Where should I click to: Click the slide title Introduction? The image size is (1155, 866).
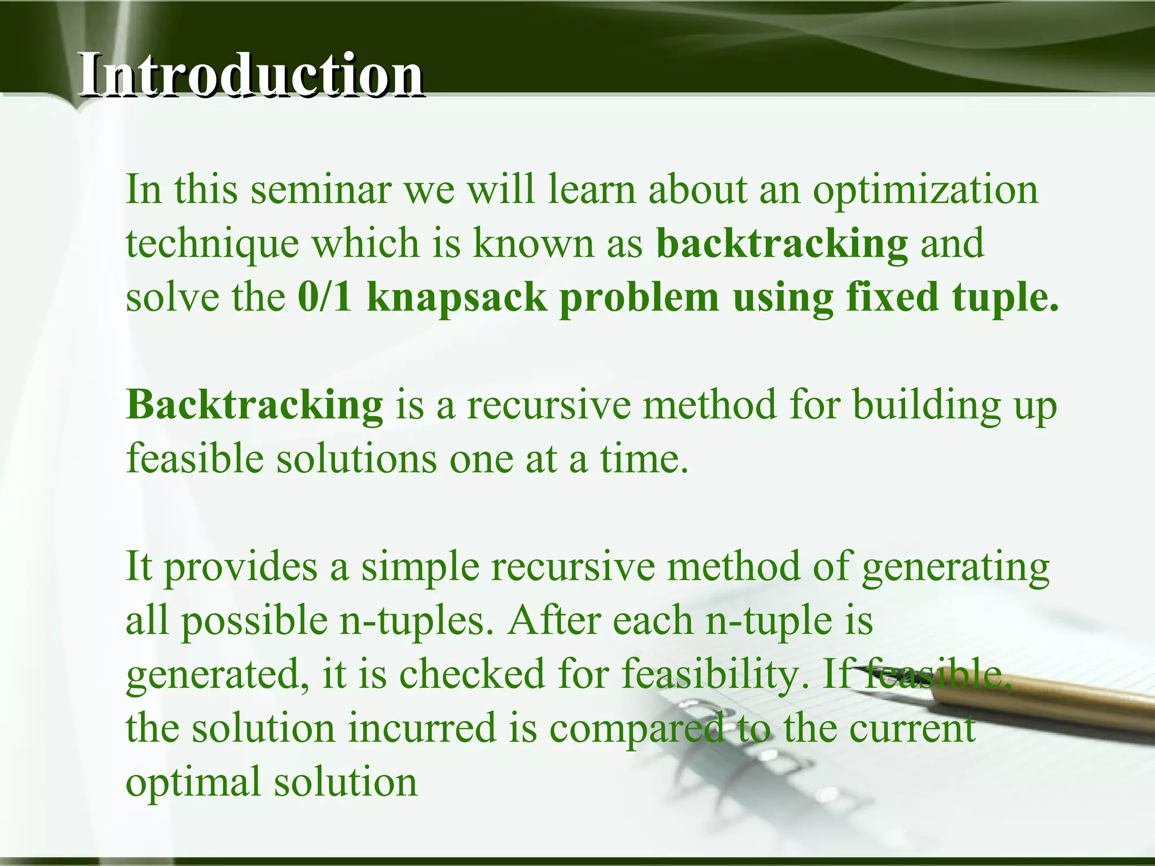251,75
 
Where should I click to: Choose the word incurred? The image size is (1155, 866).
422,727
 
